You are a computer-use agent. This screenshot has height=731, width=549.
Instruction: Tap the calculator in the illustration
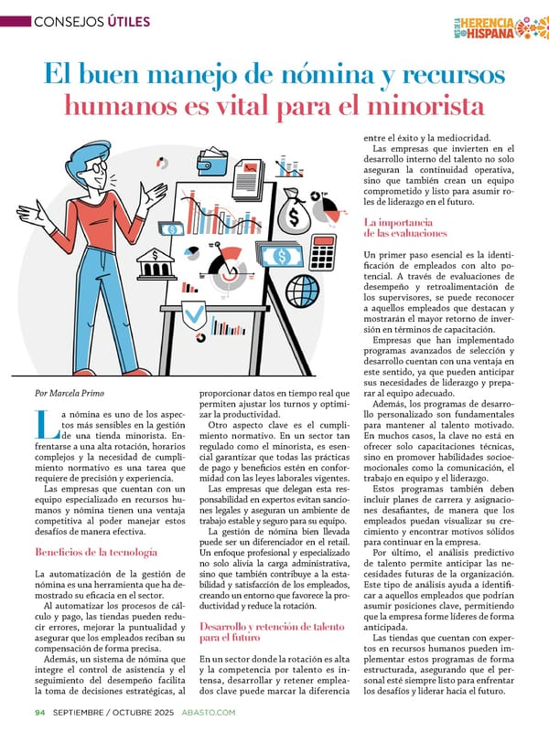point(323,250)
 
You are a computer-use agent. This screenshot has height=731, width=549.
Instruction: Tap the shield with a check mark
point(194,316)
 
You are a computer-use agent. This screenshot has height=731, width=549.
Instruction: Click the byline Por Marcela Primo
point(69,392)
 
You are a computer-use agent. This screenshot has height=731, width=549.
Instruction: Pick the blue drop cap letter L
point(43,424)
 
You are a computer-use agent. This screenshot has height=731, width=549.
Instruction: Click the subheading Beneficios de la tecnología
point(95,552)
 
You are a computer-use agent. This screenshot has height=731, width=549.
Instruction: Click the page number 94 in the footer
point(40,713)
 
